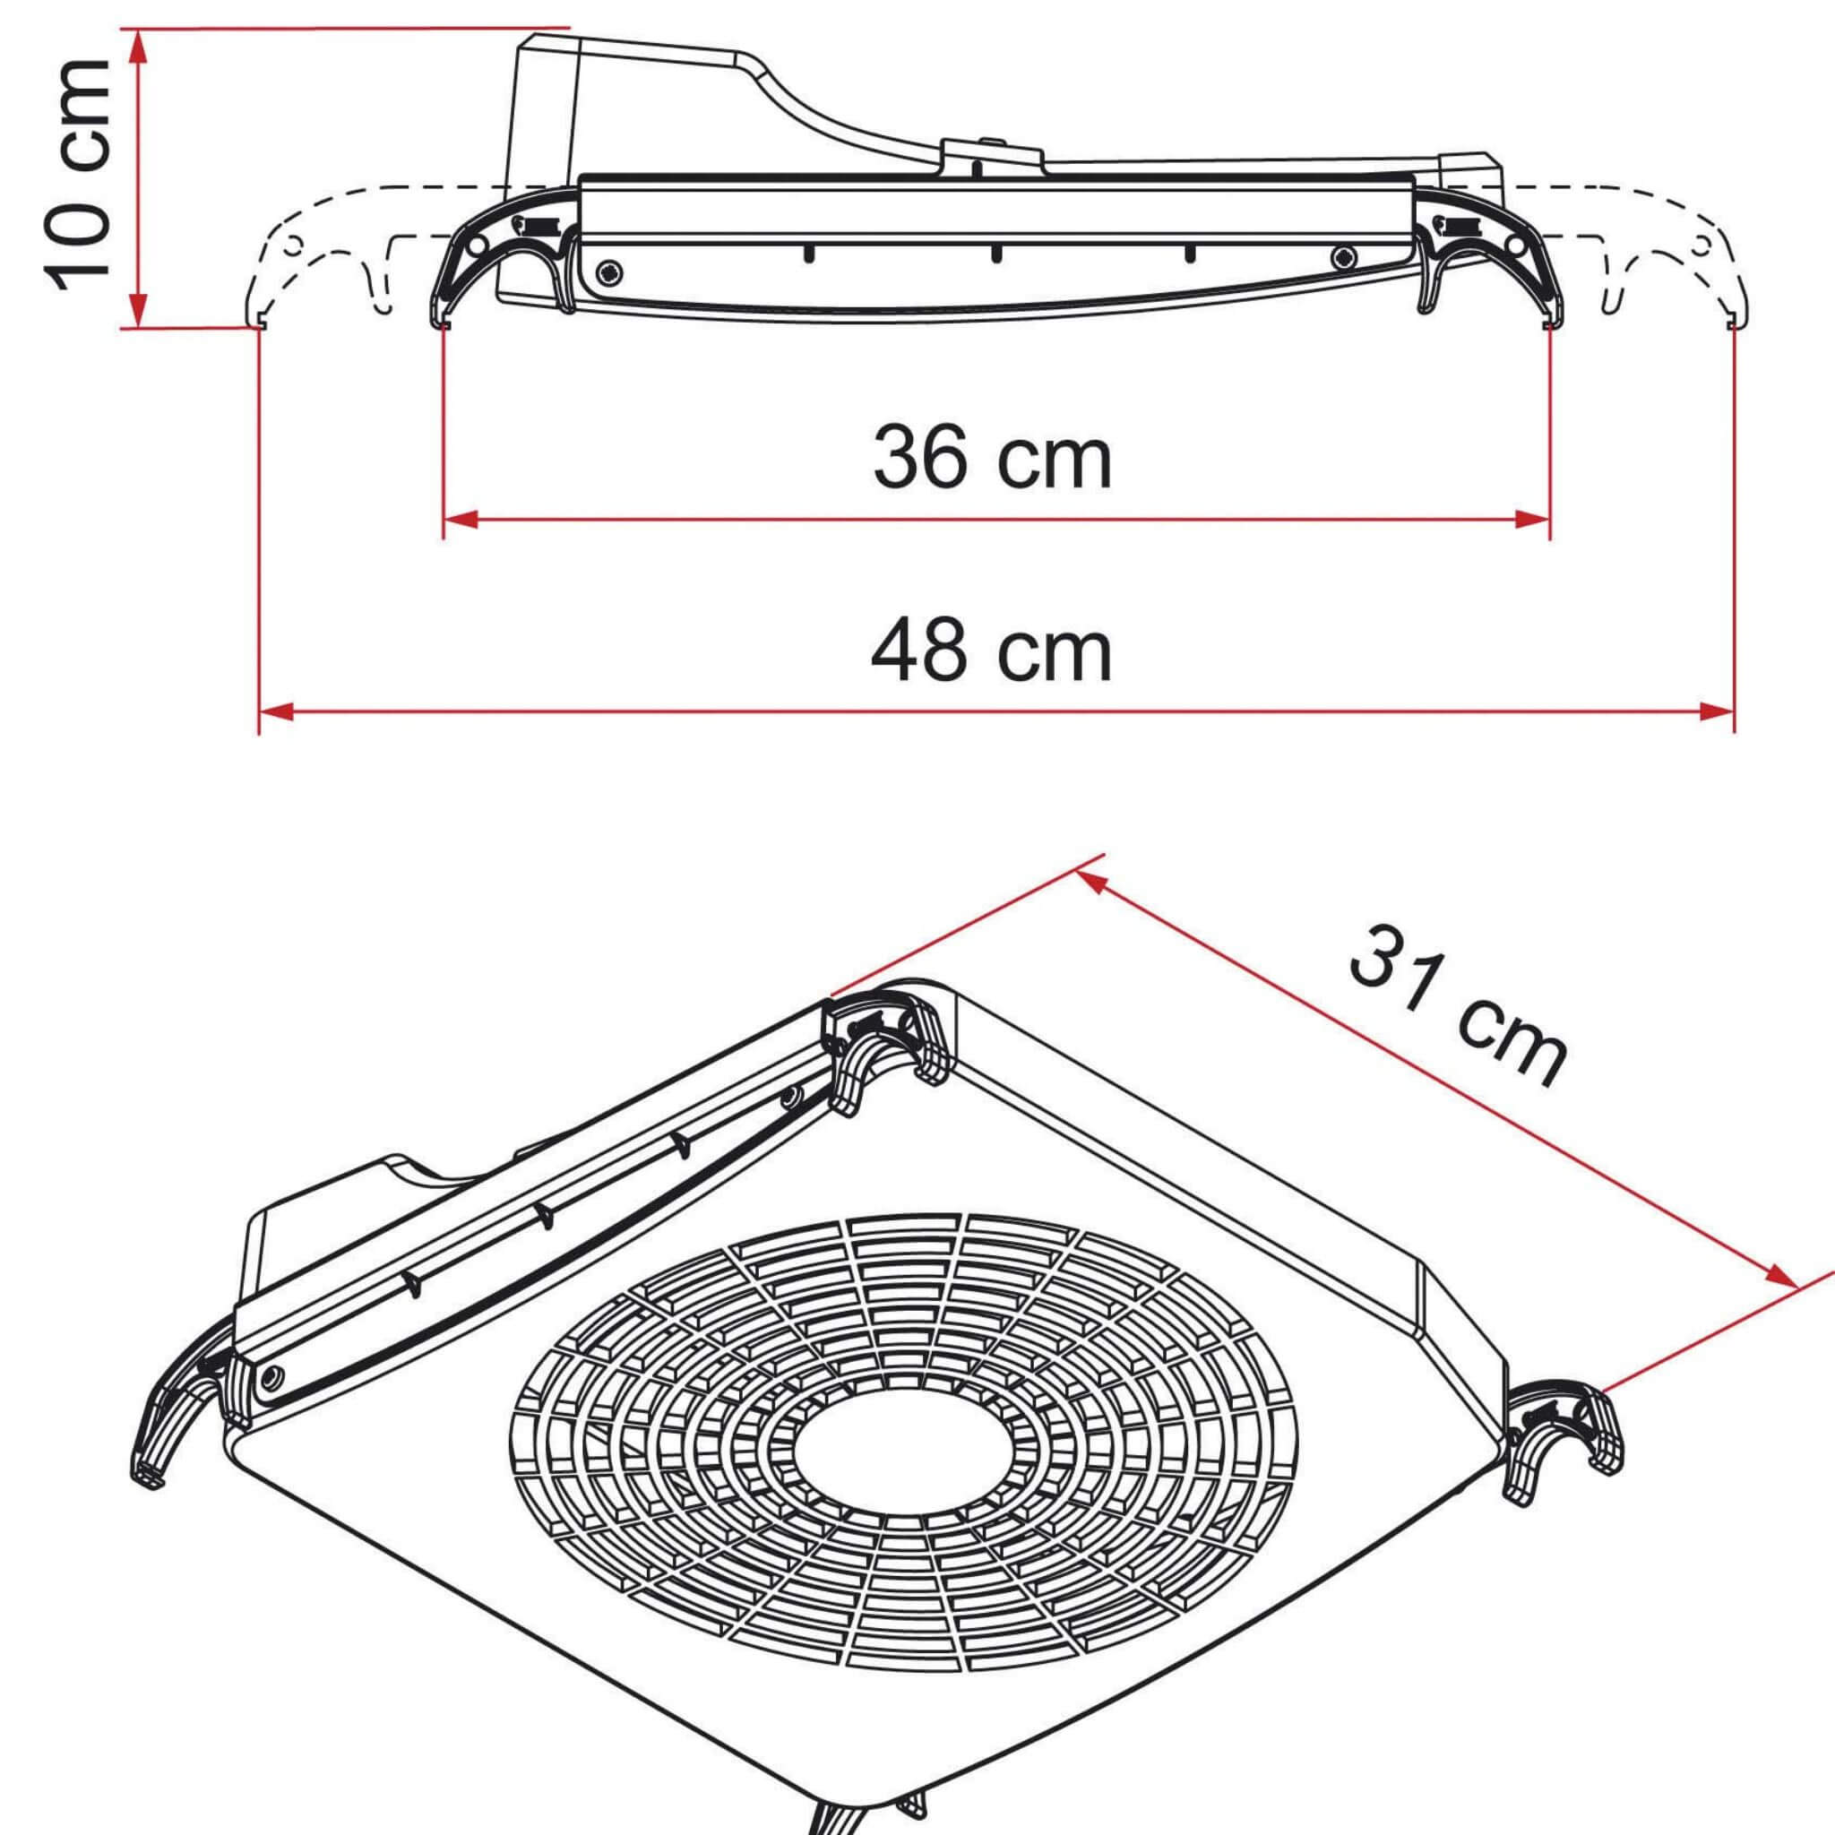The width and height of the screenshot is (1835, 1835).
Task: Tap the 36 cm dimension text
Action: [992, 458]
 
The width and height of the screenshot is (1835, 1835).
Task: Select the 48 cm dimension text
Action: [992, 650]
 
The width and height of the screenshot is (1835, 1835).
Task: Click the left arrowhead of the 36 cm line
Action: [460, 519]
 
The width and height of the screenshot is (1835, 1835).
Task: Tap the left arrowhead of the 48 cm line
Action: [275, 711]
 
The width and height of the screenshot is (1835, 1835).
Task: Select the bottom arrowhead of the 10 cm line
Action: [139, 310]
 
